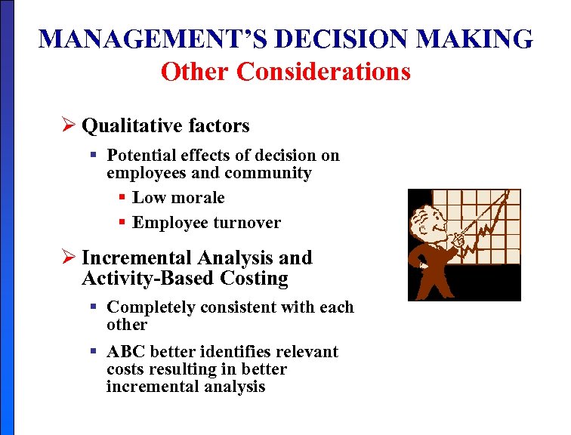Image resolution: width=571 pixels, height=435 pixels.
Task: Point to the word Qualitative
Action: click(123, 125)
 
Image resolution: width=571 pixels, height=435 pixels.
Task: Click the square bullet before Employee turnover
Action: click(123, 222)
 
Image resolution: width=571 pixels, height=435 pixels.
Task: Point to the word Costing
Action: click(254, 279)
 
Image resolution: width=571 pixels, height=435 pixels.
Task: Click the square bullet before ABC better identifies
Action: click(94, 351)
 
